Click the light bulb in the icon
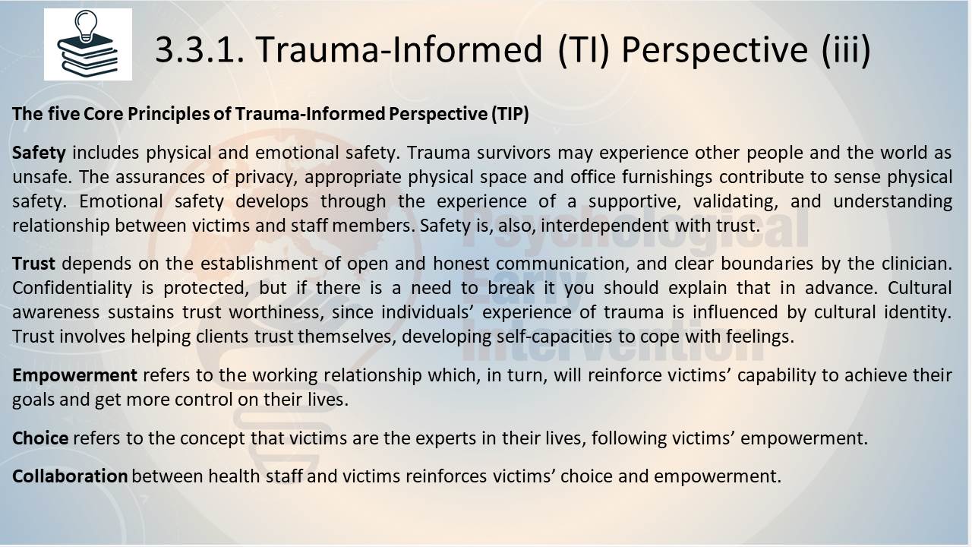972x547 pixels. pyautogui.click(x=87, y=26)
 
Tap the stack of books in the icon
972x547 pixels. pyautogui.click(x=87, y=56)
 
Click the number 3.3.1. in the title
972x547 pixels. pyautogui.click(x=200, y=49)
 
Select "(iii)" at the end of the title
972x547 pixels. pyautogui.click(x=846, y=49)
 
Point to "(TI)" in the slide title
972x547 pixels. pyautogui.click(x=584, y=49)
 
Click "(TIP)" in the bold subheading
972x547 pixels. pyautogui.click(x=510, y=114)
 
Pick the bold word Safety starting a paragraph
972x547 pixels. pyautogui.click(x=39, y=153)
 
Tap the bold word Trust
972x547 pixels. pyautogui.click(x=33, y=264)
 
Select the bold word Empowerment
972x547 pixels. pyautogui.click(x=74, y=375)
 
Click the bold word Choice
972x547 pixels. pyautogui.click(x=40, y=438)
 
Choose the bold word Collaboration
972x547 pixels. pyautogui.click(x=70, y=476)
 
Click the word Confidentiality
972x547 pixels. pyautogui.click(x=72, y=288)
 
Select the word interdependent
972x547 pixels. pyautogui.click(x=604, y=226)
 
